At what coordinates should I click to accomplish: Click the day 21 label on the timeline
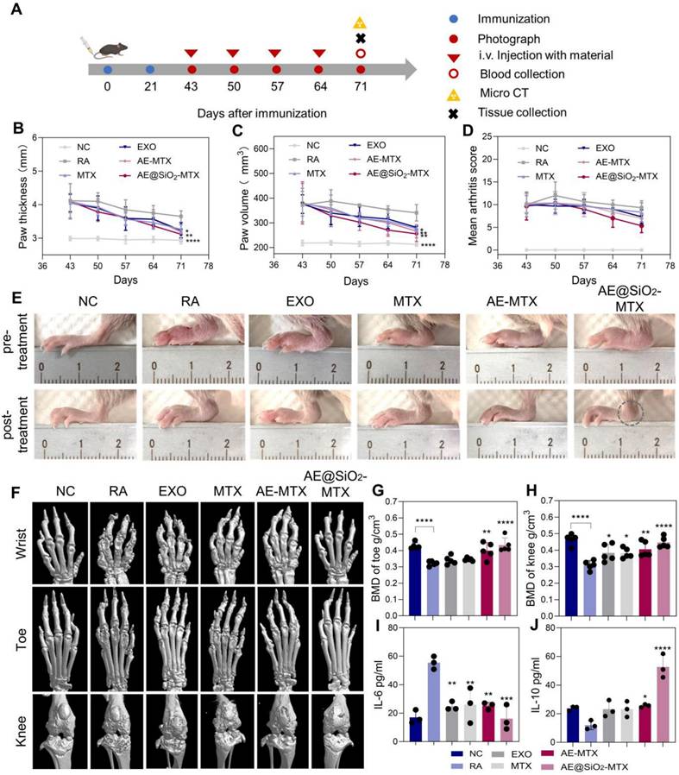pos(150,87)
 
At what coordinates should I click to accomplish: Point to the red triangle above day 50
pos(233,54)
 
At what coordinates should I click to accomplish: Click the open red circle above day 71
pos(362,54)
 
